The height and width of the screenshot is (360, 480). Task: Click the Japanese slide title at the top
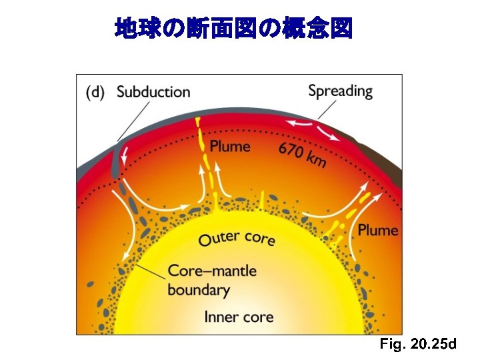pos(233,28)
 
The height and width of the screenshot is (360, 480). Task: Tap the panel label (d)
pos(95,93)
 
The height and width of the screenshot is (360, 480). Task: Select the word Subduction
pos(153,92)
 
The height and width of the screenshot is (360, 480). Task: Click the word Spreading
pos(340,91)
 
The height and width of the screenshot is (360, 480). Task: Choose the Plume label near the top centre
pos(230,147)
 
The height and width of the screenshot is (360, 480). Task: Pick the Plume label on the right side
pos(378,231)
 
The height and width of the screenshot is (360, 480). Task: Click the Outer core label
pos(237,238)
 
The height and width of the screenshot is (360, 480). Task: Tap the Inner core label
pos(239,317)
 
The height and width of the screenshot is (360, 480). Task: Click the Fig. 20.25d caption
pos(418,345)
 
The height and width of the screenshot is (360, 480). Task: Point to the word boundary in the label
pos(198,290)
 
